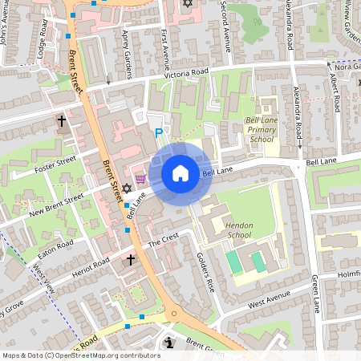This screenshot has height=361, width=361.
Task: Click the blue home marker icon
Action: tap(180, 173)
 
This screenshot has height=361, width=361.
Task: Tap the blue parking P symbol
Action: tap(159, 133)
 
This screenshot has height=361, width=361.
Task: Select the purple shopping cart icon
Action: tap(140, 179)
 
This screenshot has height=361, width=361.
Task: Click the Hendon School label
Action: tap(239, 230)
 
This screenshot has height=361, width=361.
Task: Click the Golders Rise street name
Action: tap(206, 274)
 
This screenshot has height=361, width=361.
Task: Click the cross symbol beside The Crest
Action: tap(132, 260)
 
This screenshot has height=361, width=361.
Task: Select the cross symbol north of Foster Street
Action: tap(62, 121)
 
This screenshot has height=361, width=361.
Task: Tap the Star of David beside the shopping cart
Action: tap(126, 188)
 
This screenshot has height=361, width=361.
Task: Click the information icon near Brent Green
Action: tap(168, 343)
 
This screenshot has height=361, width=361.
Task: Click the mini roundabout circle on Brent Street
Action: tap(174, 314)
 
